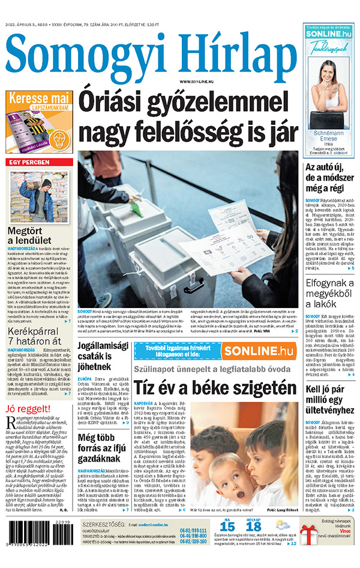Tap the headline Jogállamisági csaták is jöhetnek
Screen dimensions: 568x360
point(103,355)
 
